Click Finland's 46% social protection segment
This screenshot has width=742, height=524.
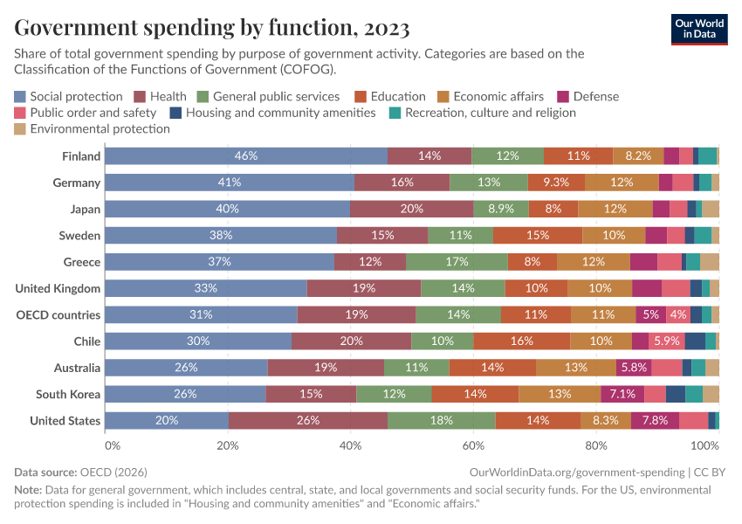click(x=246, y=156)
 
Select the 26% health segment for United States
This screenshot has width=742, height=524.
click(x=308, y=421)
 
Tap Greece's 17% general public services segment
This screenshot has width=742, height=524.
click(x=457, y=262)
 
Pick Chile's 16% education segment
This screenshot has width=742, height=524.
click(x=522, y=341)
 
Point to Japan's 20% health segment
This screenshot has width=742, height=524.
click(x=411, y=210)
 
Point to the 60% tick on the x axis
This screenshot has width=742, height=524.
click(x=472, y=445)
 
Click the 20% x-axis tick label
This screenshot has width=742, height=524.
click(x=228, y=445)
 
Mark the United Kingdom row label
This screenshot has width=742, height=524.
click(x=58, y=288)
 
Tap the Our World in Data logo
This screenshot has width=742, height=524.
click(x=699, y=28)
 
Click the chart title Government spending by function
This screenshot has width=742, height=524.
click(x=212, y=28)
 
